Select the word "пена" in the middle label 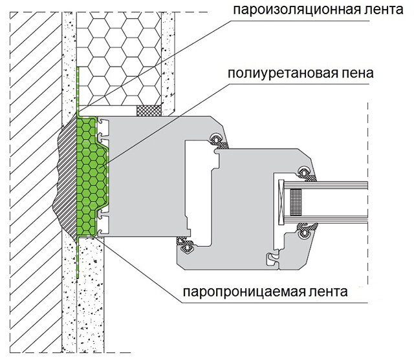356,73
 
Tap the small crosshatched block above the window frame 149,111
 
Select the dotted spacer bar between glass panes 296,202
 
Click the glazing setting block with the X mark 281,202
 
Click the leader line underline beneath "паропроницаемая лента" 275,302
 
